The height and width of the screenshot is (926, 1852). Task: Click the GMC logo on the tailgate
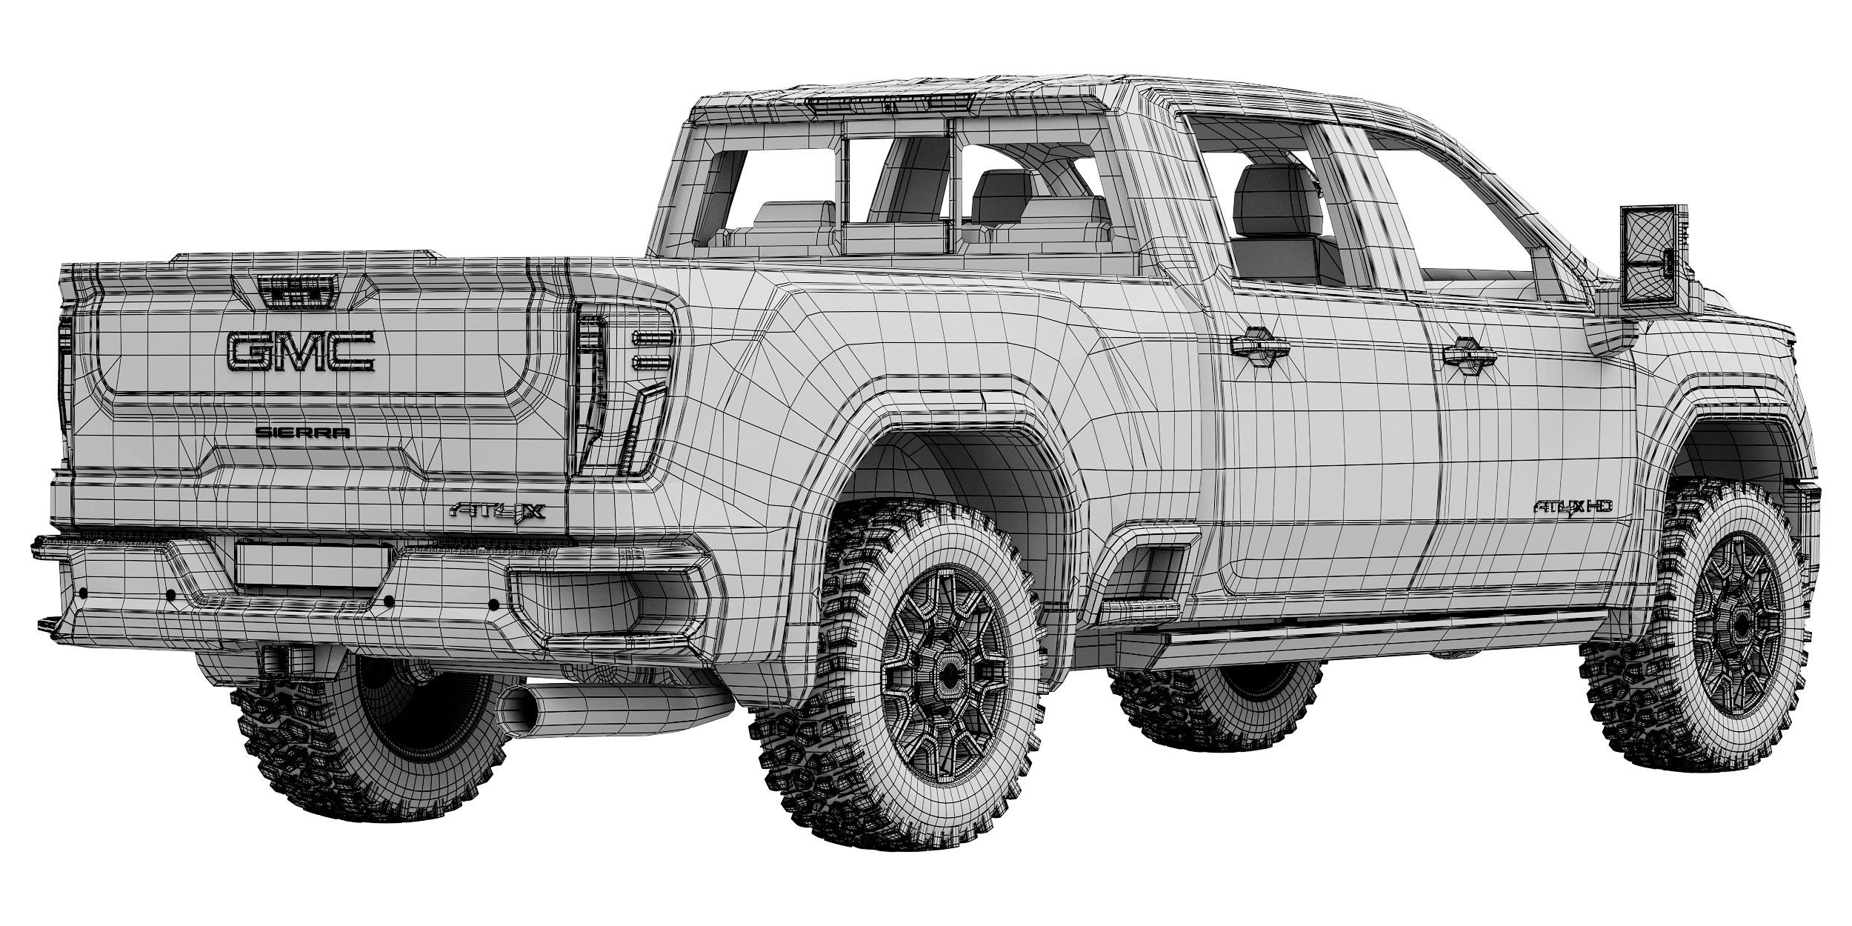301,351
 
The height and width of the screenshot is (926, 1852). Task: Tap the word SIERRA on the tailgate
303,433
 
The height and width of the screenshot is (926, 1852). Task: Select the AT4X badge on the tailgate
497,511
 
